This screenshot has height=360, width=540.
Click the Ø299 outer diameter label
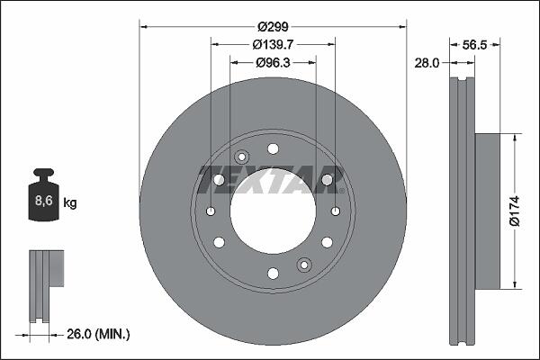click(x=273, y=26)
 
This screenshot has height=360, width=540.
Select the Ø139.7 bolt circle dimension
click(x=273, y=44)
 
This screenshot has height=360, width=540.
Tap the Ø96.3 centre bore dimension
click(x=273, y=62)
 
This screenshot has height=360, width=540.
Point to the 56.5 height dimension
click(x=474, y=44)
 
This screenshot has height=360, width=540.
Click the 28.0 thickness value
click(x=427, y=63)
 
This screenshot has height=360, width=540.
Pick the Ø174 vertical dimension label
click(x=514, y=211)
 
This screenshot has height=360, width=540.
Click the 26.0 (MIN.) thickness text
click(x=98, y=334)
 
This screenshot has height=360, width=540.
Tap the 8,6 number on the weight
click(x=44, y=200)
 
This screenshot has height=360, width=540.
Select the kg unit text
click(x=70, y=202)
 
